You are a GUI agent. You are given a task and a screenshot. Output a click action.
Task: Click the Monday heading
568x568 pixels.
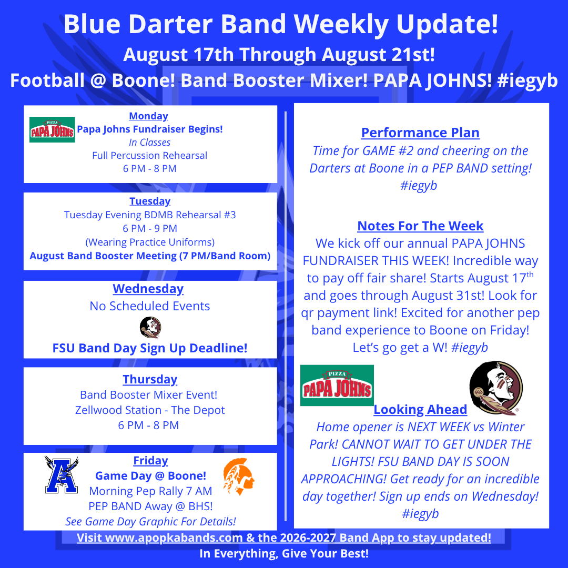(x=148, y=116)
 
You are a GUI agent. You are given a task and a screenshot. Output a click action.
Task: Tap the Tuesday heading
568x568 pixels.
(x=150, y=201)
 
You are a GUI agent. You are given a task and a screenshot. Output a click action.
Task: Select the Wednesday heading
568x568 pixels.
(x=148, y=289)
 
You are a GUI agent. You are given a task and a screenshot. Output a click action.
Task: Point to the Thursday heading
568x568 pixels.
(x=150, y=379)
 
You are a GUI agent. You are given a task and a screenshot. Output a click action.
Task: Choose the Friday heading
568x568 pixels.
(x=151, y=460)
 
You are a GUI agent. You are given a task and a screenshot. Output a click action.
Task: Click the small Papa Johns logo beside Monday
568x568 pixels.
(x=52, y=130)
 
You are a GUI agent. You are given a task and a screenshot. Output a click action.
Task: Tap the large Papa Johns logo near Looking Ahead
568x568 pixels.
(x=337, y=386)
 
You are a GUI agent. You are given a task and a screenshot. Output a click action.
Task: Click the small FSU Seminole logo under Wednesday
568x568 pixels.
(x=150, y=327)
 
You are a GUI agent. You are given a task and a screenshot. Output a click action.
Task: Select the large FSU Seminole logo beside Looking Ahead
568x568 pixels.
(x=496, y=388)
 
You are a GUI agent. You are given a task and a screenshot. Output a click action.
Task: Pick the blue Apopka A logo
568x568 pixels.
(x=62, y=474)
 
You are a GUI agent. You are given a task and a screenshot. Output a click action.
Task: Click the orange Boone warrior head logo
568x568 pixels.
(x=238, y=476)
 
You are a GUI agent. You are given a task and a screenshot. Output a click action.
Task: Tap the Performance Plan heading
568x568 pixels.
(x=420, y=133)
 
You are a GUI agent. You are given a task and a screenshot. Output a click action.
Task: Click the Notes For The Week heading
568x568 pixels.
(x=420, y=226)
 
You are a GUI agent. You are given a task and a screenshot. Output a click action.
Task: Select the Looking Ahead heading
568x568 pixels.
(x=420, y=409)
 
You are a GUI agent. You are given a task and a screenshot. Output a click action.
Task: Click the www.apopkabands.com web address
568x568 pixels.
(x=174, y=538)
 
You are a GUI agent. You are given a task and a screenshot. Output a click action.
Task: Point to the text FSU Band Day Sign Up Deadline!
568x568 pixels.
(x=150, y=348)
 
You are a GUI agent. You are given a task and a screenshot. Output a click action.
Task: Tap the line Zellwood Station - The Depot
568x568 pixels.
(x=150, y=410)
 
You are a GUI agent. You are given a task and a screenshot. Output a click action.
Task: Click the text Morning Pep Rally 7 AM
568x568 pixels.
(x=151, y=491)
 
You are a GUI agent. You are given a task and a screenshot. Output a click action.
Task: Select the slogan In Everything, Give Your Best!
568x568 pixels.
(x=284, y=553)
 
